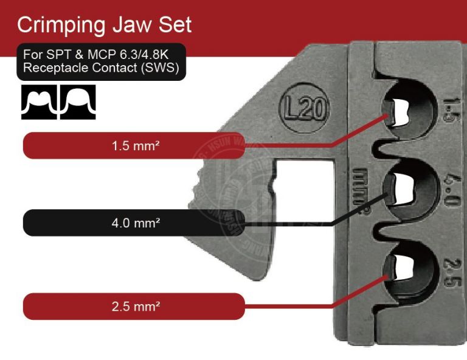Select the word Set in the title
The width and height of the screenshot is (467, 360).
pos(176,25)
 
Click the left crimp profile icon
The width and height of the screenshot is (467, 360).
pos(38,102)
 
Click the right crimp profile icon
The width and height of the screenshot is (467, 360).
pos(77,102)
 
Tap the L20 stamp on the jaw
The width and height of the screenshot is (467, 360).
pos(304,110)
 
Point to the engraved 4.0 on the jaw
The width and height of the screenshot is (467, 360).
pos(452,190)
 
